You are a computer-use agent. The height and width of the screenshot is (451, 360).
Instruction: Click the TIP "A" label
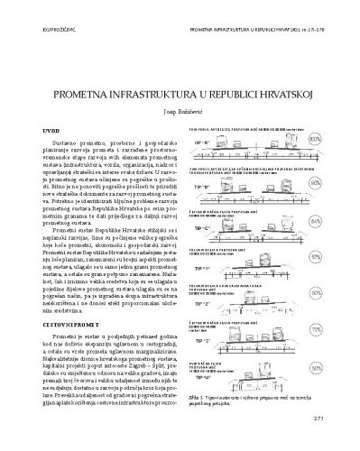click(200, 143)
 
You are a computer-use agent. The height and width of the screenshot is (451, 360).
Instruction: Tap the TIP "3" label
click(200, 343)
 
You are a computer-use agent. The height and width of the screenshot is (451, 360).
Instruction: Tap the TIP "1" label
click(200, 269)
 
